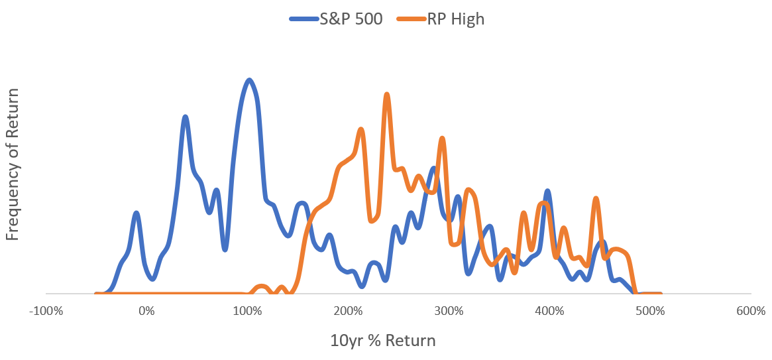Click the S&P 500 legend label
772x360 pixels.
[x=350, y=19]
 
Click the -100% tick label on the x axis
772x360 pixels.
[x=46, y=312]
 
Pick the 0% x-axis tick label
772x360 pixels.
[x=146, y=312]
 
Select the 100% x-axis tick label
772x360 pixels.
[x=247, y=312]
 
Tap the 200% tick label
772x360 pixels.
[x=348, y=312]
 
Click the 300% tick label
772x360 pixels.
[x=448, y=312]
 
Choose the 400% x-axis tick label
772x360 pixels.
[x=549, y=312]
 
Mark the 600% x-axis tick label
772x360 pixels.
[x=751, y=312]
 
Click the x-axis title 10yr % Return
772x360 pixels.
[x=383, y=341]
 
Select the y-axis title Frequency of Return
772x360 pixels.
[x=13, y=164]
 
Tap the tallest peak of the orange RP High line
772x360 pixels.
[x=387, y=94]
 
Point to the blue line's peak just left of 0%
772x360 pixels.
[x=137, y=213]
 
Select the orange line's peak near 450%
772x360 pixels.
[x=596, y=198]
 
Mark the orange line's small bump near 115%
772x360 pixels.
[x=262, y=286]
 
